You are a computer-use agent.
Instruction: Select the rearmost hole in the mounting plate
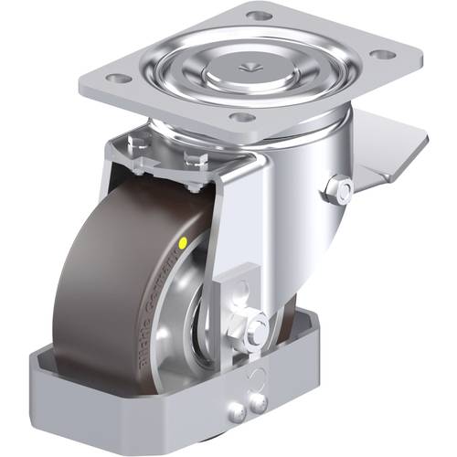pos(260,16)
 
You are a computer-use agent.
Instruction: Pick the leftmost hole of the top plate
pos(116,79)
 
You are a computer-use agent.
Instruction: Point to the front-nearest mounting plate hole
pos(239,117)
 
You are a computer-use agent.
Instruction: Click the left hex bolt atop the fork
pos(136,143)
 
